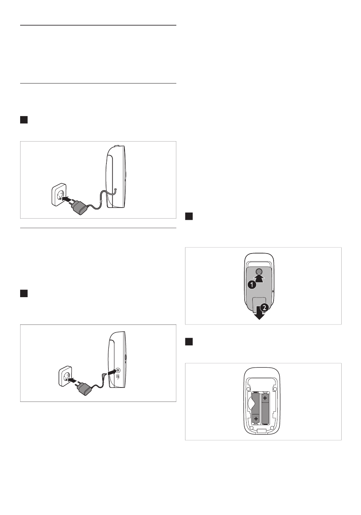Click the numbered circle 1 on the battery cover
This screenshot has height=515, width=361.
point(252,285)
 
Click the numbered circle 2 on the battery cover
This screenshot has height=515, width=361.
point(264,307)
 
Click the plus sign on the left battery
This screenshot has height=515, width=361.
point(256,419)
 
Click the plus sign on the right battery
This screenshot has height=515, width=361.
point(265,398)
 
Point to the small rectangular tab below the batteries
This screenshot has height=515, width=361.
point(261,431)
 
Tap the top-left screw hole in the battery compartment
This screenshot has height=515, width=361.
point(248,389)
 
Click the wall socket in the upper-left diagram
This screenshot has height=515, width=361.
point(59,195)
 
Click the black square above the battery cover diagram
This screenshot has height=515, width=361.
point(189,216)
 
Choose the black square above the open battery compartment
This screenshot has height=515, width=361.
point(189,342)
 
